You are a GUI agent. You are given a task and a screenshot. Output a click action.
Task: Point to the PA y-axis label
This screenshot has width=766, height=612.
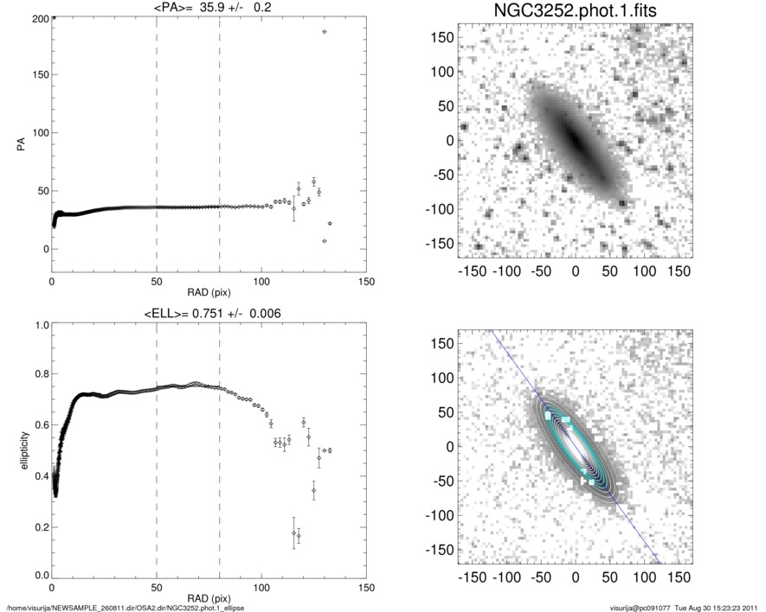pos(18,146)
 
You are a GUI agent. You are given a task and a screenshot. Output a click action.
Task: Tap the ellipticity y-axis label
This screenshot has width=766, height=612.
pos(18,450)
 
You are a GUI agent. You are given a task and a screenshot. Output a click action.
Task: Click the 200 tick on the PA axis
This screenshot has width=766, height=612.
pos(40,17)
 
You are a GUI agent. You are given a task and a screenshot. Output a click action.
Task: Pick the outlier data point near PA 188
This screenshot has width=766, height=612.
pos(325,32)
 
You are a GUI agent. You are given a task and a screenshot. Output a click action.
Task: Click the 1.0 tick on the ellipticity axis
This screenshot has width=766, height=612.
pos(40,326)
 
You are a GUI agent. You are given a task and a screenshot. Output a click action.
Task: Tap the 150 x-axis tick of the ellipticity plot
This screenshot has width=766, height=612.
pos(366,589)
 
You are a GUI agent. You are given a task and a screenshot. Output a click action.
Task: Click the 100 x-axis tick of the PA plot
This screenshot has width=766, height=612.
pos(261,283)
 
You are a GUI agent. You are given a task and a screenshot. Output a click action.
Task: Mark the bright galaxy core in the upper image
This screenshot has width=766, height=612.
pos(574,139)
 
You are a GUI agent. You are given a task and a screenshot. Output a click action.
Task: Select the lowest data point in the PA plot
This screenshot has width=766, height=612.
pos(325,241)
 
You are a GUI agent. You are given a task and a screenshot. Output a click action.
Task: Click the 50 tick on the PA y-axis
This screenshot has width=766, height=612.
pos(42,191)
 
